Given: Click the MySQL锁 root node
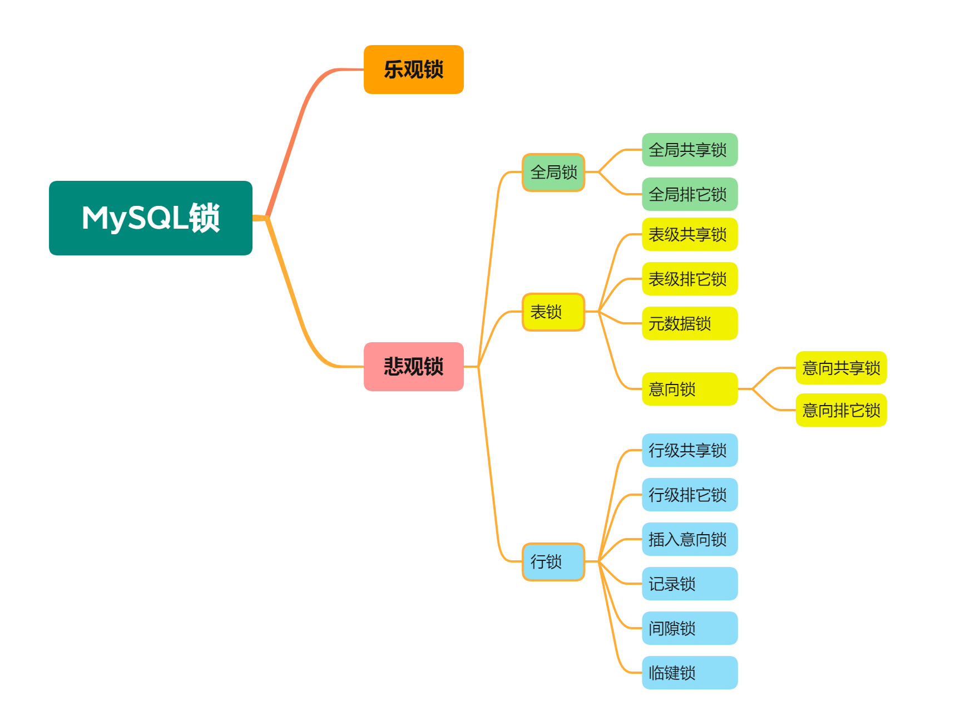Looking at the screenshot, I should tap(151, 218).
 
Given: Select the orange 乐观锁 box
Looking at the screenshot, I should tap(413, 70).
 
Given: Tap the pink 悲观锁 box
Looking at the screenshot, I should tap(413, 367).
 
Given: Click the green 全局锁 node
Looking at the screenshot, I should tap(553, 172).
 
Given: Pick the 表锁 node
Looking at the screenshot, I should tap(553, 312).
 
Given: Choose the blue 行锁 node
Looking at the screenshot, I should tap(553, 562).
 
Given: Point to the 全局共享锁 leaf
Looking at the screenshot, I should tap(690, 150).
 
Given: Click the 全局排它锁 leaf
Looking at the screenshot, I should tap(690, 194).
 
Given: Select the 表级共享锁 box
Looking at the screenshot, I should tap(690, 234).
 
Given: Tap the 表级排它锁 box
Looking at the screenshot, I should tap(690, 279).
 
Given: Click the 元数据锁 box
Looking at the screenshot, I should tap(690, 323).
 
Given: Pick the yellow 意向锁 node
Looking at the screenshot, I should tap(690, 389).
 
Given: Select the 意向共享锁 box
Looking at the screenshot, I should tap(841, 368).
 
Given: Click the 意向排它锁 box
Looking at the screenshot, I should tap(841, 410).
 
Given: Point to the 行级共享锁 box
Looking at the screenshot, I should tap(690, 450).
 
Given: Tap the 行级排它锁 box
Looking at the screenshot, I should tap(690, 495).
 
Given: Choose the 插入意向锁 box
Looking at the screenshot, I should tap(690, 539).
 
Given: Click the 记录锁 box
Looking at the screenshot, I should tap(690, 584).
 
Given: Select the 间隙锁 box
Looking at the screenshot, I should tap(690, 628).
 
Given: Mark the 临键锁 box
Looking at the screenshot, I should tap(690, 673).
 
